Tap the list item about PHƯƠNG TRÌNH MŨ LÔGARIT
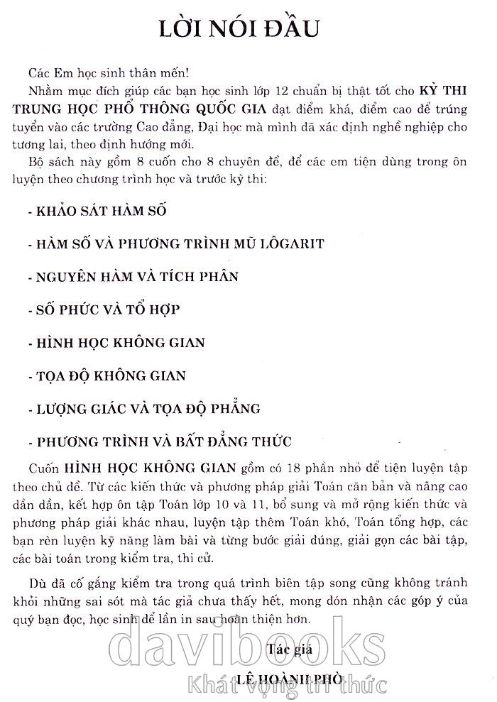[x=175, y=243]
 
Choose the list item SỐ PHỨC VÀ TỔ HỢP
[x=104, y=309]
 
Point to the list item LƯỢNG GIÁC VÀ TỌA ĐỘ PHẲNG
[x=143, y=409]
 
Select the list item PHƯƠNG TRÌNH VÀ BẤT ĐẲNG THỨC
[x=159, y=442]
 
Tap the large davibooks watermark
[x=248, y=642]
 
